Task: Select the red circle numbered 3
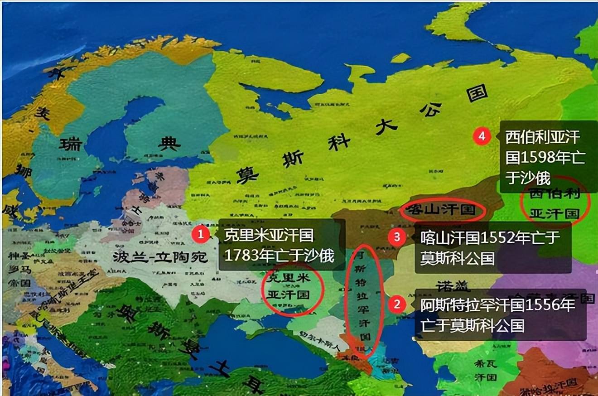397,237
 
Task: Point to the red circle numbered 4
482,136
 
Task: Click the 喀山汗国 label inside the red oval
443,210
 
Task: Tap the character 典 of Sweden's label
169,144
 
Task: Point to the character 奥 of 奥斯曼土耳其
126,312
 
